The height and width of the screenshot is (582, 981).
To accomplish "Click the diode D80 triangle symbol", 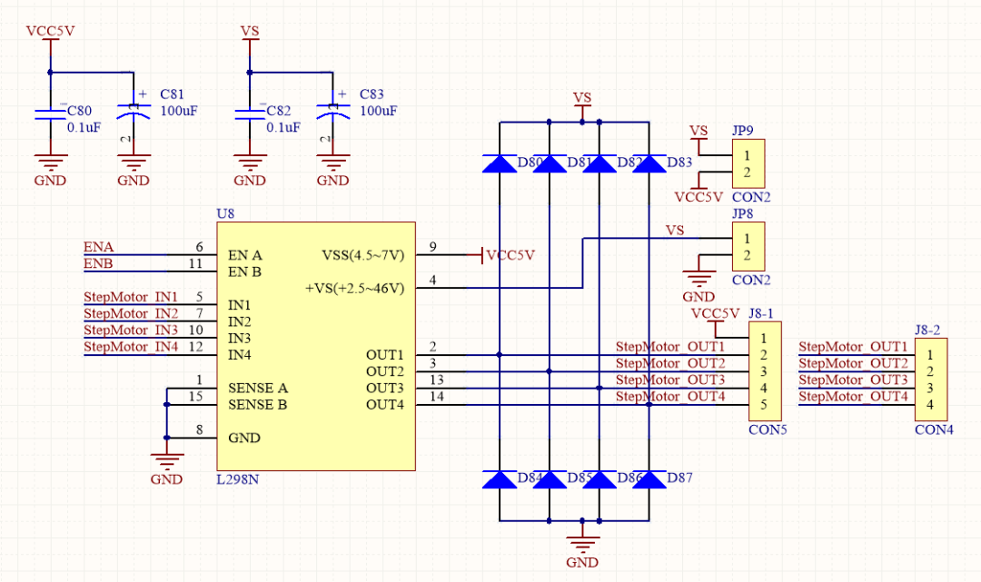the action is point(500,163).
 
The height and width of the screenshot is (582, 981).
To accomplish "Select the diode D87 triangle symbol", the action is point(649,479).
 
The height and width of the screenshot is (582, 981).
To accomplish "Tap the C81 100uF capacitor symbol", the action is point(134,113).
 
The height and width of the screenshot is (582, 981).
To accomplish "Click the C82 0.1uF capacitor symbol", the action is point(250,113).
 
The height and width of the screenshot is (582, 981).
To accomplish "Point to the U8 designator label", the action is point(225,213).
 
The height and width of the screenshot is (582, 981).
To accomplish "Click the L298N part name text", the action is point(238,479).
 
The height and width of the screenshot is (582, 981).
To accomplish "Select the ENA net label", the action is point(99,247).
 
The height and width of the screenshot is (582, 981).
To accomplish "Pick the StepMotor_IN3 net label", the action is point(131,330).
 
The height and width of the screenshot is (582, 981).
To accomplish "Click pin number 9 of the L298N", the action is point(433,247).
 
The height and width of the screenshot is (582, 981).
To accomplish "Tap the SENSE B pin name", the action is point(258,404).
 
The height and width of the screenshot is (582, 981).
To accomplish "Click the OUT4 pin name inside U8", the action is point(385,404).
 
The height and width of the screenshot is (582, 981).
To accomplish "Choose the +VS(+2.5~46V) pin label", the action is point(355,288).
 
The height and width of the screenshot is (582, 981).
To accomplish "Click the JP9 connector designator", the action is point(743,131).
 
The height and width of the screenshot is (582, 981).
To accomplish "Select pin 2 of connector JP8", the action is point(747,255).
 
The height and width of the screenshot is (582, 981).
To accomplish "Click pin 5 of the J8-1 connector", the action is point(764,404).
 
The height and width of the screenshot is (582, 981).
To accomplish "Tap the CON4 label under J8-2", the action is point(934,429).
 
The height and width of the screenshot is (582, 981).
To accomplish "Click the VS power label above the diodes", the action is point(582,98).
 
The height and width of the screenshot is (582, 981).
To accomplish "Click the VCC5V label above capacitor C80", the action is point(50,31).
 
